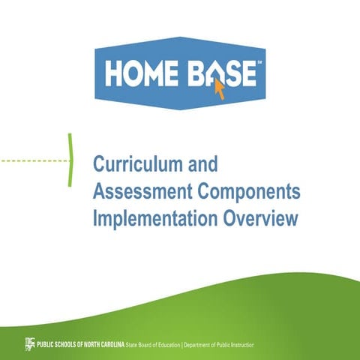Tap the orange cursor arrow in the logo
[x=220, y=88]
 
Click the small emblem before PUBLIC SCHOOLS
[x=29, y=343]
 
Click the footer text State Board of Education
[x=153, y=343]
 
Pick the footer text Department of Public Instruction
[x=218, y=343]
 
